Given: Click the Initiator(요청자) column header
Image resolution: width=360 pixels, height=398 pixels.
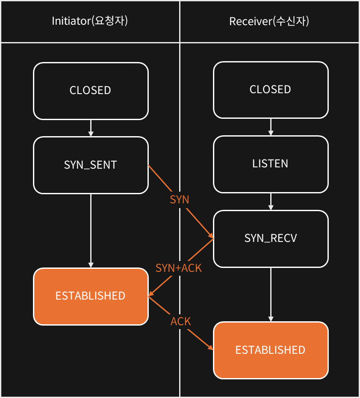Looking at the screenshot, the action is (x=90, y=21).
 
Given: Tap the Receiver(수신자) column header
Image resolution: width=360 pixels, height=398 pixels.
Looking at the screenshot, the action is (x=269, y=21).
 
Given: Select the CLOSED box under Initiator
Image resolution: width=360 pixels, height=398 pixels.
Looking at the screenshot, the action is (x=91, y=91).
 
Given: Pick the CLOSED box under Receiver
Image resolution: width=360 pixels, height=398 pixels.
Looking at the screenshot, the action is (x=271, y=90).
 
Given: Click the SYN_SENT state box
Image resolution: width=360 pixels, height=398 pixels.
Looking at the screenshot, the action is (x=91, y=165).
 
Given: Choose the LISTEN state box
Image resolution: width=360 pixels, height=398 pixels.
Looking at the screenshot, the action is (x=271, y=164).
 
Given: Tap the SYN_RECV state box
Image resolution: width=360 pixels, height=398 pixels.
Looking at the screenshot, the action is (x=271, y=238).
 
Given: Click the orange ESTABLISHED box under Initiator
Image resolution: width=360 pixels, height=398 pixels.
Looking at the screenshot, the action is (x=91, y=296).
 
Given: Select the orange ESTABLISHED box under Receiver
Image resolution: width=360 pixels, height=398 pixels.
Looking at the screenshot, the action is (x=271, y=350).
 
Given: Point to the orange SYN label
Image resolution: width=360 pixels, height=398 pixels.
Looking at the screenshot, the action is (x=180, y=200).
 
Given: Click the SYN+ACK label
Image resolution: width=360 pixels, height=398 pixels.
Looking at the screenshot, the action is (x=178, y=268).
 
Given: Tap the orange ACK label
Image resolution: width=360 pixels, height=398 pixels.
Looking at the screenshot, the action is (x=180, y=322).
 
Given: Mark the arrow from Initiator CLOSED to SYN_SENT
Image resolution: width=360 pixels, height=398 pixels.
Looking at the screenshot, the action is (x=91, y=128).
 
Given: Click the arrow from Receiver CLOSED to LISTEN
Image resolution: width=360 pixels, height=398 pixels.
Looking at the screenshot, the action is (x=271, y=127).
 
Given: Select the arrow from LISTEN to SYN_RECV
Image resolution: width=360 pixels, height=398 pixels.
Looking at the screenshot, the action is (x=271, y=202).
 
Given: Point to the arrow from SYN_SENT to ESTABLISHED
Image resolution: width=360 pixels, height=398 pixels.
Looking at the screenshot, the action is (x=91, y=231).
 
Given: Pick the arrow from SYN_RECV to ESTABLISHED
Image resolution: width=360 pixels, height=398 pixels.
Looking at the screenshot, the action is (x=271, y=294).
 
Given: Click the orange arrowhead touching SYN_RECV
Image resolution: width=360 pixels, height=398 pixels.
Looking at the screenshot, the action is (x=211, y=236).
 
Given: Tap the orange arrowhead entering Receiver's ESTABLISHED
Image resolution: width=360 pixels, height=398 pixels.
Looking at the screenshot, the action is (x=211, y=347).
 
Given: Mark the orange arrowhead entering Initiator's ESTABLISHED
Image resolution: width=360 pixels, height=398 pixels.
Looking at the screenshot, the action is (x=151, y=294).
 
